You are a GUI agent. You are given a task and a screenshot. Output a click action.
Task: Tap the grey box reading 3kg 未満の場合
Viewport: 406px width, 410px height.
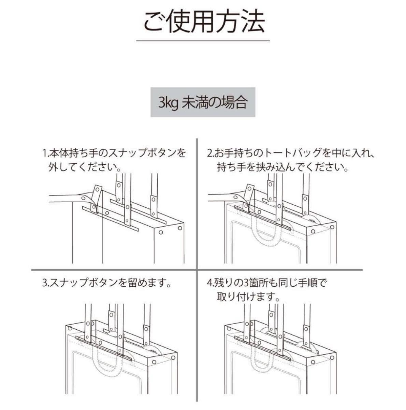pyautogui.click(x=203, y=103)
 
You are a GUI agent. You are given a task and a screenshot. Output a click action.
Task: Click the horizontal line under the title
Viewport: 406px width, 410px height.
pyautogui.click(x=203, y=41)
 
